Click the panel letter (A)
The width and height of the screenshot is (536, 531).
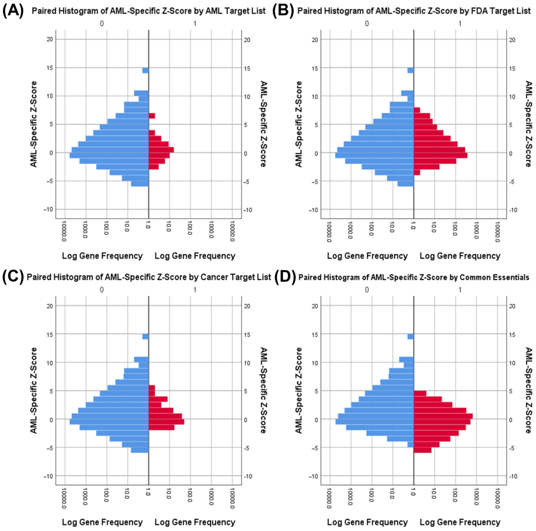click(x=13, y=11)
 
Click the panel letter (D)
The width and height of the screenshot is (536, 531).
click(x=285, y=277)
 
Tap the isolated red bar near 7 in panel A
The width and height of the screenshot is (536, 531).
click(x=152, y=116)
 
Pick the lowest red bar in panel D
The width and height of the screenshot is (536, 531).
click(x=422, y=450)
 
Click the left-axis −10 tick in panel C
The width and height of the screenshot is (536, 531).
click(x=48, y=476)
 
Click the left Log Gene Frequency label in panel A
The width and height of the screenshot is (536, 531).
click(x=102, y=256)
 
